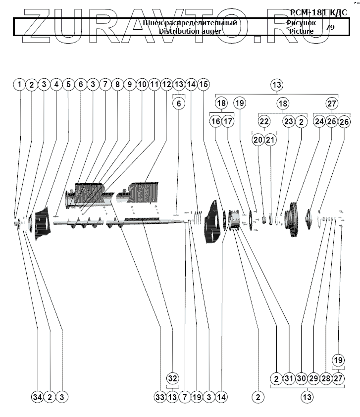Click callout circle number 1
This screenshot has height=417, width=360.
[x=19, y=85]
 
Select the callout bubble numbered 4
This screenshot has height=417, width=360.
[x=56, y=85]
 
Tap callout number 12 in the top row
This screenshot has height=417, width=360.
[x=166, y=85]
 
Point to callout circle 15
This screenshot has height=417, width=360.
[x=203, y=85]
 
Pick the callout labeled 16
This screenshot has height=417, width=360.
[x=215, y=121]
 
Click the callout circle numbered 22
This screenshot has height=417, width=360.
[x=264, y=121]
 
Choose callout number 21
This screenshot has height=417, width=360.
[x=270, y=140]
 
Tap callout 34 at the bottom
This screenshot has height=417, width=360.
[x=38, y=397]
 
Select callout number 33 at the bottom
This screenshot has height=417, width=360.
[x=160, y=397]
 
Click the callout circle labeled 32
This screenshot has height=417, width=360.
[x=172, y=378]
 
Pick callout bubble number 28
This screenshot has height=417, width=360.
[x=325, y=378]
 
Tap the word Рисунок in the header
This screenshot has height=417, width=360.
[x=301, y=23]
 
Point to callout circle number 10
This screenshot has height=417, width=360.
[x=142, y=85]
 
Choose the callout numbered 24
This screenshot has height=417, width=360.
[x=319, y=121]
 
